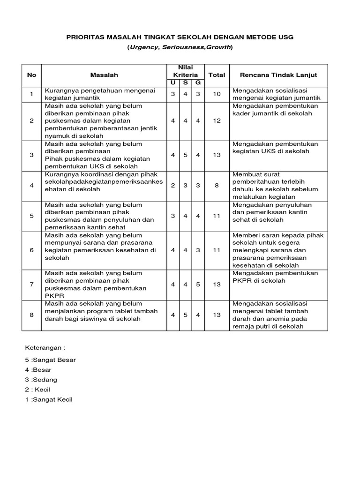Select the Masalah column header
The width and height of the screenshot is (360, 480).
104,75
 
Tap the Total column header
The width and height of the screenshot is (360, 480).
217,75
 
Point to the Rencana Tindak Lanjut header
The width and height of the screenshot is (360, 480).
278,75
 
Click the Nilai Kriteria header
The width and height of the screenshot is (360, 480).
185,71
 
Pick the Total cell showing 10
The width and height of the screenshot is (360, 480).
217,94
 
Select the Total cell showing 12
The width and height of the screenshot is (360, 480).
217,121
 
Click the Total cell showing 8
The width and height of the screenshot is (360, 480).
217,186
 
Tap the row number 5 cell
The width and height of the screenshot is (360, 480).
32,216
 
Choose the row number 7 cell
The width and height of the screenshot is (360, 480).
32,285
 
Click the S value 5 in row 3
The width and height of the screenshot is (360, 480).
186,155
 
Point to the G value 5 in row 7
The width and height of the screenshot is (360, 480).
198,285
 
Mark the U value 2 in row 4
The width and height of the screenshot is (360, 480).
173,186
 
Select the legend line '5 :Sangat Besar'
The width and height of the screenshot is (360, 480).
50,360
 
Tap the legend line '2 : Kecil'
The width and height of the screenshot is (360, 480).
37,390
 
